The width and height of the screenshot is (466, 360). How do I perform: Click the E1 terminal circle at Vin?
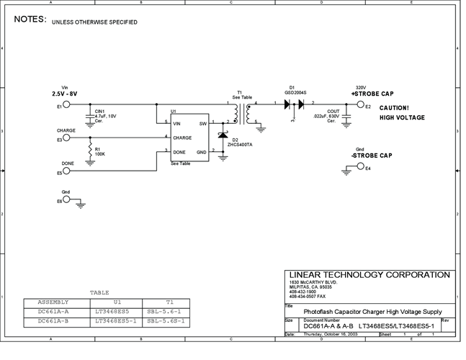pos(66,105)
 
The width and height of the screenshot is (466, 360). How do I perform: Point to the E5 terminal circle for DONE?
pos(66,171)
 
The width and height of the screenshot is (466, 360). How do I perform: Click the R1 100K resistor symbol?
pos(89,152)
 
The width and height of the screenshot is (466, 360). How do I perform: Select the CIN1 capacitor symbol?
pos(89,115)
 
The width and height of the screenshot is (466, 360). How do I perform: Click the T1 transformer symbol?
pos(239,112)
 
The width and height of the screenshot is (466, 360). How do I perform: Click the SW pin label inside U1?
pos(202,123)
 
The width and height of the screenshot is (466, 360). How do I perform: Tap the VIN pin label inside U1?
pos(178,123)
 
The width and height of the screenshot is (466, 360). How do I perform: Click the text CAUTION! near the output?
pos(394,108)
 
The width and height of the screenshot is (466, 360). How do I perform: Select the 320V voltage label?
pos(361,87)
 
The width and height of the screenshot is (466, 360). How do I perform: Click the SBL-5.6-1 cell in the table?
pos(166,311)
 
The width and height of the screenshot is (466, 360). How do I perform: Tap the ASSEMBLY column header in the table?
pos(53,302)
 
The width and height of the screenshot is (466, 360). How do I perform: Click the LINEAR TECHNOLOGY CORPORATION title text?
pos(369,275)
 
